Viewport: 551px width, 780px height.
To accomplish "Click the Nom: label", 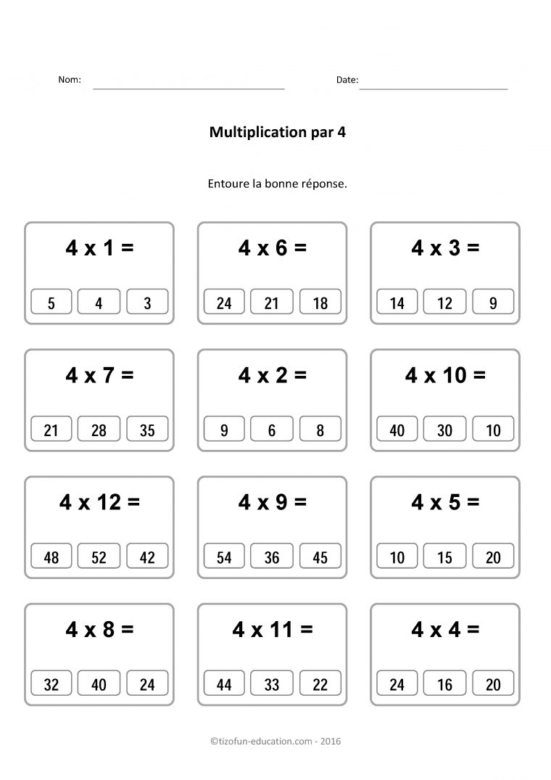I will click(x=70, y=80).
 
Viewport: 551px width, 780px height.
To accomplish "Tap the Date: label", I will click(x=347, y=80).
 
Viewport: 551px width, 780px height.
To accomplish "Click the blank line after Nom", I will click(x=188, y=88).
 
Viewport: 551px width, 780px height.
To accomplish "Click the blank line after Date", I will click(x=434, y=88).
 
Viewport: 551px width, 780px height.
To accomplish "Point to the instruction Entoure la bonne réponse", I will click(x=276, y=184).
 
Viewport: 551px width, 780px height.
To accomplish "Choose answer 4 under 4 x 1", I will click(x=99, y=303).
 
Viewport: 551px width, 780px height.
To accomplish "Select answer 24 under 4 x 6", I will click(x=224, y=303).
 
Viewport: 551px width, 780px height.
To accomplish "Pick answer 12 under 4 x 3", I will click(x=444, y=303).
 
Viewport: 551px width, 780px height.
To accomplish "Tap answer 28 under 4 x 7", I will click(x=99, y=430).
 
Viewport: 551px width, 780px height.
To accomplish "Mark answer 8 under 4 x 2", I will click(x=320, y=430).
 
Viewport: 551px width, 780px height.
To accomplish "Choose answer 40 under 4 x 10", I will click(x=397, y=430).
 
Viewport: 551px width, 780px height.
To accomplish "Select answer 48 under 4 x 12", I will click(x=51, y=557).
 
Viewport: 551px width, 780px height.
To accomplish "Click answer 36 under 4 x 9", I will click(x=272, y=557).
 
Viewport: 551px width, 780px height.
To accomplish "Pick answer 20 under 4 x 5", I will click(x=493, y=557).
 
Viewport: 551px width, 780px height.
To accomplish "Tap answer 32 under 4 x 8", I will click(x=51, y=683).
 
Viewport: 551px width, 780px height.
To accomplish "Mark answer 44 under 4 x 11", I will click(x=224, y=683).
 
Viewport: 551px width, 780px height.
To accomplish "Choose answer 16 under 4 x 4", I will click(x=444, y=683).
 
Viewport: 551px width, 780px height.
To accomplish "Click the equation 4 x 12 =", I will click(x=99, y=502).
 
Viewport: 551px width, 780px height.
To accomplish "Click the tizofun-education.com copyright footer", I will click(x=275, y=742).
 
